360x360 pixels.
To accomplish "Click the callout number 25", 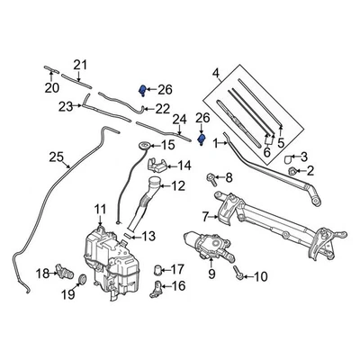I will [56, 158].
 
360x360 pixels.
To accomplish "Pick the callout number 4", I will [215, 73].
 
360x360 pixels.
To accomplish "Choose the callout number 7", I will [206, 216].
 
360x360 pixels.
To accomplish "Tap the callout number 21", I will [81, 64].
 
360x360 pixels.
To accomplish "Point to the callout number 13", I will [148, 236].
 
